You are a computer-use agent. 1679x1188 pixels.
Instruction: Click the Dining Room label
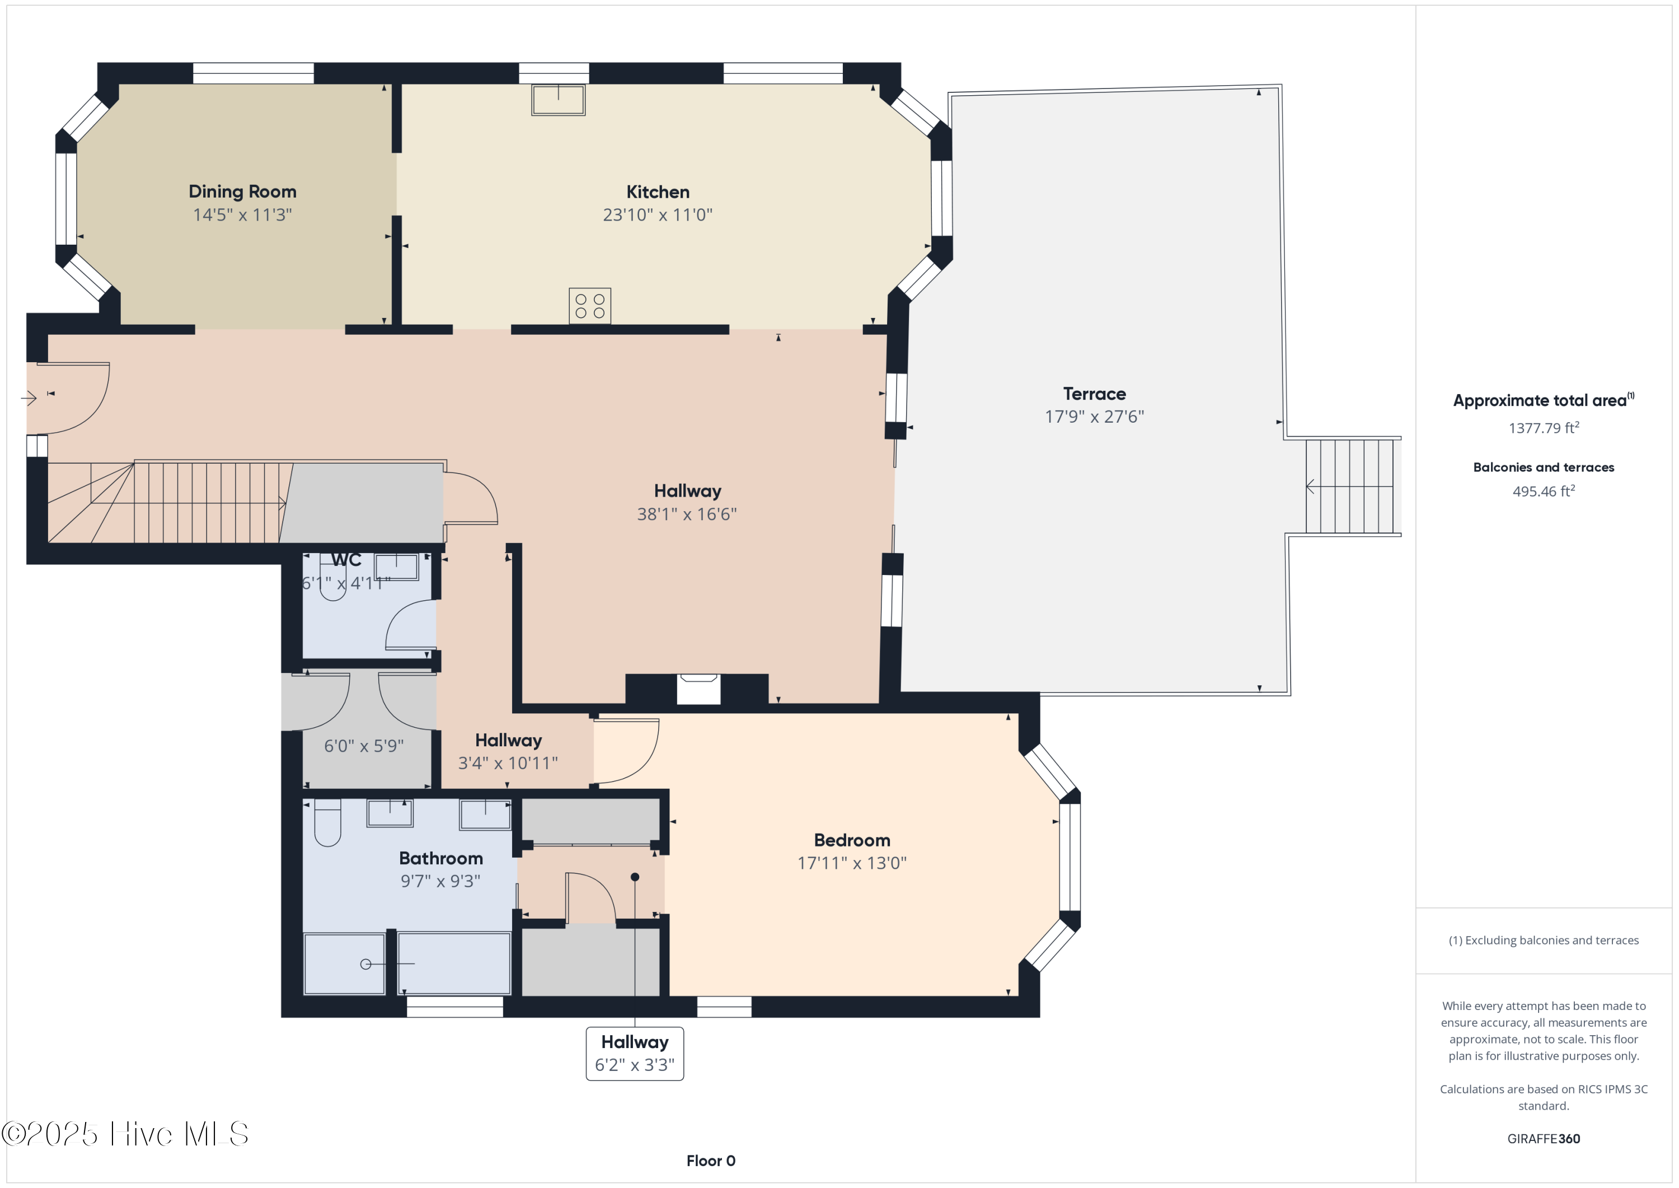pyautogui.click(x=242, y=191)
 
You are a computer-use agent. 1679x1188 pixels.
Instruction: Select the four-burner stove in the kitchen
pyautogui.click(x=589, y=306)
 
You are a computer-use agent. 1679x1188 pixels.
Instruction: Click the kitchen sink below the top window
pyautogui.click(x=558, y=100)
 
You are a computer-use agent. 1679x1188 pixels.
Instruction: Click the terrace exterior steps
pyautogui.click(x=1352, y=487)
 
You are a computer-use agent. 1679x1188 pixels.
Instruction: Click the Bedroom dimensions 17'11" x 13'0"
pyautogui.click(x=851, y=863)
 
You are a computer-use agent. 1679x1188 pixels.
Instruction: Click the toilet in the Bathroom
pyautogui.click(x=327, y=823)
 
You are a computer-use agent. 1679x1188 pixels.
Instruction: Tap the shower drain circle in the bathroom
pyautogui.click(x=365, y=964)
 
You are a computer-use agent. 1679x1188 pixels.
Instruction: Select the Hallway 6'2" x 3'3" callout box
pyautogui.click(x=634, y=1054)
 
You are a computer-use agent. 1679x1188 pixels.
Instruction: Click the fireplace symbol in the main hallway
pyautogui.click(x=698, y=689)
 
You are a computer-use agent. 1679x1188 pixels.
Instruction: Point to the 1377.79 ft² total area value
pyautogui.click(x=1543, y=428)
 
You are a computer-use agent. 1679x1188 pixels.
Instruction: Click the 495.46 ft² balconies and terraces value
pyautogui.click(x=1543, y=492)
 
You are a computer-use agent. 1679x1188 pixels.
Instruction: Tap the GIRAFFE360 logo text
pyautogui.click(x=1543, y=1139)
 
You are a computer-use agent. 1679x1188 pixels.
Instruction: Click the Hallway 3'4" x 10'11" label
pyautogui.click(x=508, y=752)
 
